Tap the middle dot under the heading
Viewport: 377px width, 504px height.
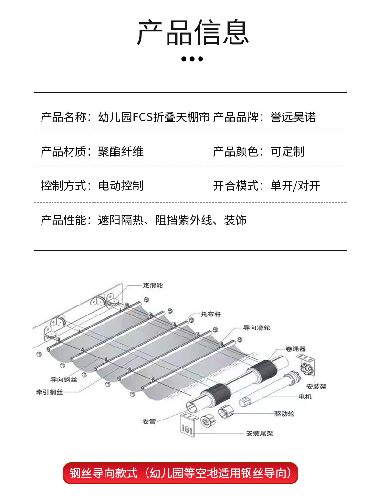[x=193, y=59]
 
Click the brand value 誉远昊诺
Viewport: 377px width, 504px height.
[x=293, y=117]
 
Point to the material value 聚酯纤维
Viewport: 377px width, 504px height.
[x=121, y=152]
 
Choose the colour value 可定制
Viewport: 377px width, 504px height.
[x=287, y=152]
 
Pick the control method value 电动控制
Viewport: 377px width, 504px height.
[x=121, y=186]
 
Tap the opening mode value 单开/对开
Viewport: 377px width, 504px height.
[x=295, y=186]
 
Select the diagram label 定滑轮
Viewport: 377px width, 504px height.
[x=153, y=285]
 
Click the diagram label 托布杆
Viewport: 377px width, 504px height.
[x=210, y=314]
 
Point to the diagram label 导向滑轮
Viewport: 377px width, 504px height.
[x=257, y=328]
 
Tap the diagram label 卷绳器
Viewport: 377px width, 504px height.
[x=295, y=348]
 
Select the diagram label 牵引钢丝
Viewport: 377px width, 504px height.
[x=49, y=392]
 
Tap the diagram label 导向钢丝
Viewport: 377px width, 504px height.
[x=63, y=379]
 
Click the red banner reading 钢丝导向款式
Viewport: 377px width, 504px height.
[x=180, y=473]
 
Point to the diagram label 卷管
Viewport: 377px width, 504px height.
[x=148, y=421]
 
